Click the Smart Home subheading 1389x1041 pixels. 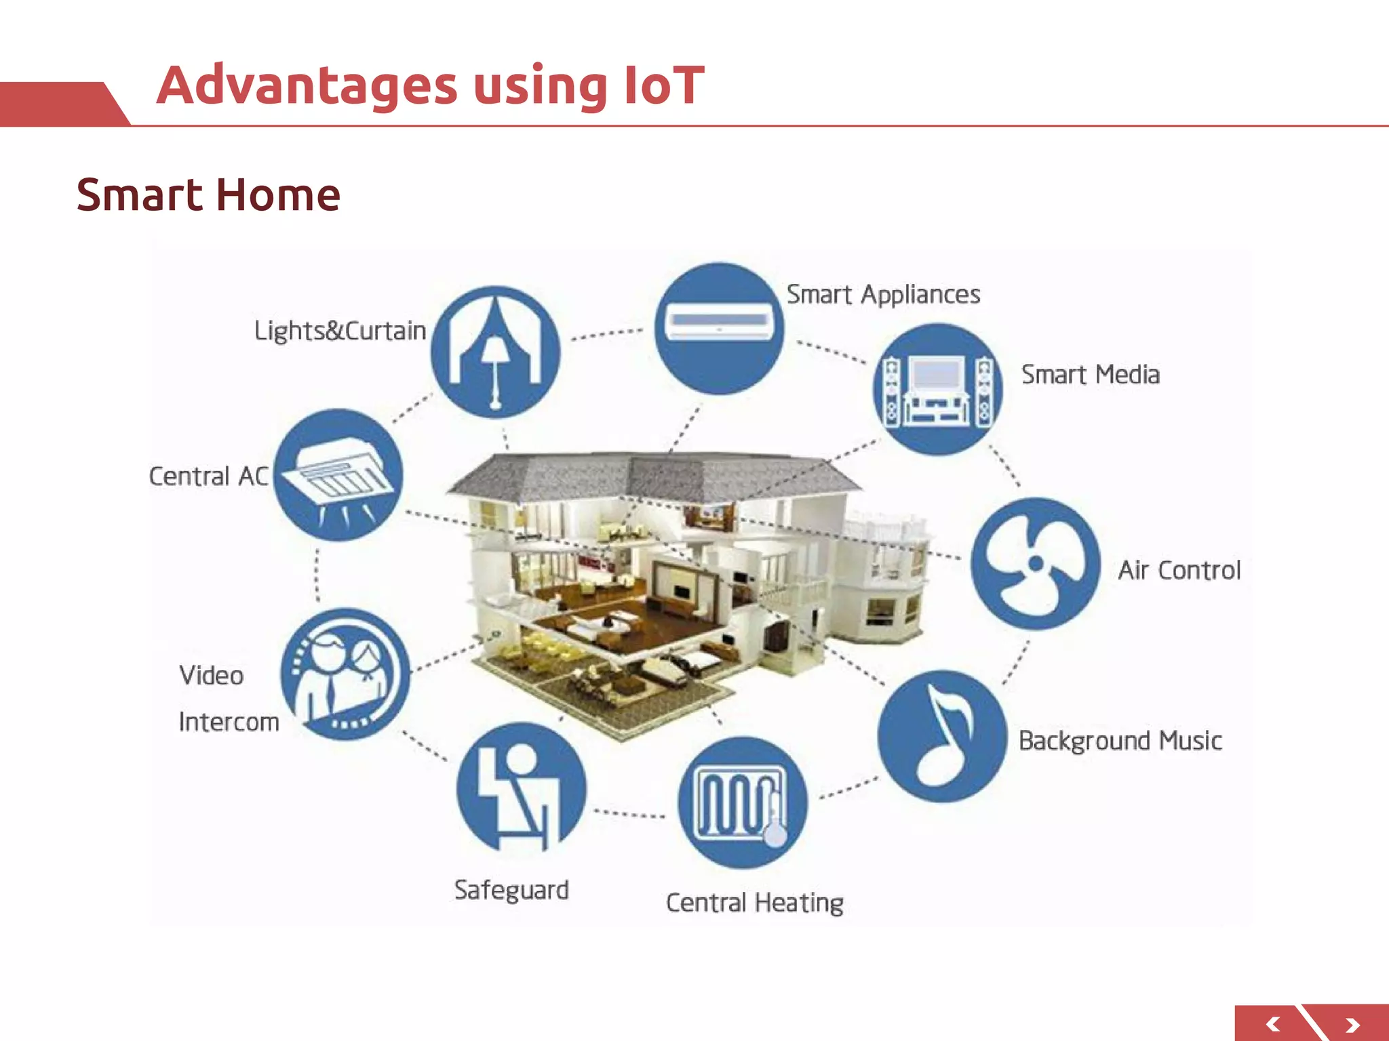coord(208,195)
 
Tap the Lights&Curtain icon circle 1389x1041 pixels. coord(496,352)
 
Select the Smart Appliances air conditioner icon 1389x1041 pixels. coord(719,329)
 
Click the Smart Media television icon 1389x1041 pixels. coord(938,389)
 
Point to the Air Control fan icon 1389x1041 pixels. coord(1036,563)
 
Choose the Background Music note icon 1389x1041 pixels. coord(942,736)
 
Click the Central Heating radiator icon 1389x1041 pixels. coord(743,802)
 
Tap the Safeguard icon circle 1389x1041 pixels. coord(521,788)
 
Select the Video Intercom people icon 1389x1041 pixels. coord(345,674)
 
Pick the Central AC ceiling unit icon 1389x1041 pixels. coord(338,475)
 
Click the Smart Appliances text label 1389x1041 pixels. coord(883,295)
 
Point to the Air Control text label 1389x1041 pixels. coord(1179,571)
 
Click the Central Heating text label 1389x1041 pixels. coord(755,903)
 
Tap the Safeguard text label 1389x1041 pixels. coord(511,890)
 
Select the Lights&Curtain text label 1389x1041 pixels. coord(340,331)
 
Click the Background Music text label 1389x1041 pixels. coord(1120,741)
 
